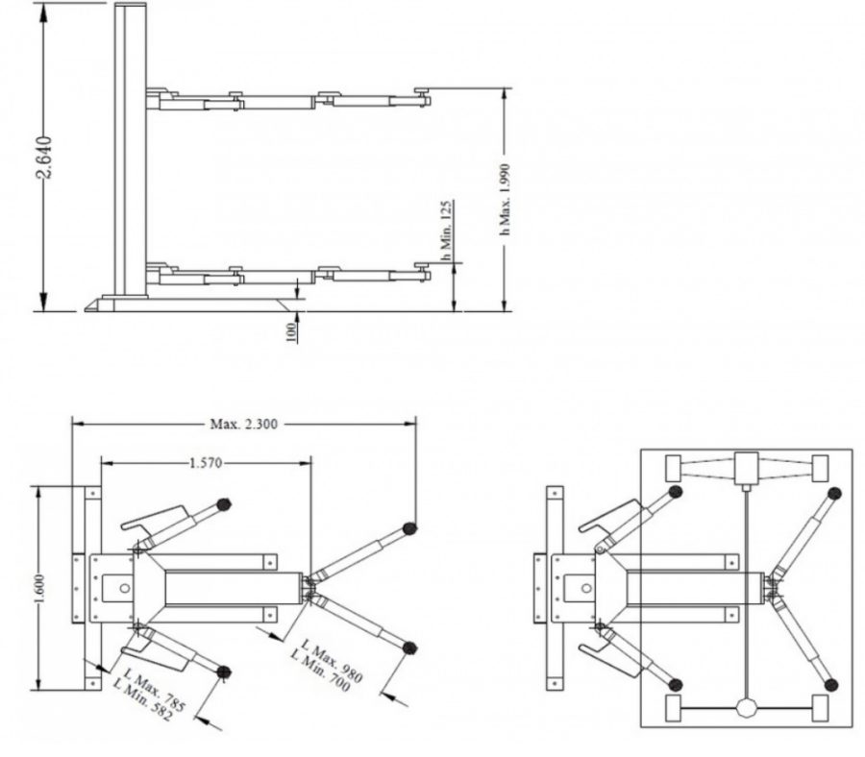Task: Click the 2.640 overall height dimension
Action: pyautogui.click(x=44, y=158)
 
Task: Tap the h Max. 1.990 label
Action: pyautogui.click(x=505, y=199)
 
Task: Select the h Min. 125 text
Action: pyautogui.click(x=447, y=230)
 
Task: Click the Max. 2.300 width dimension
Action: pyautogui.click(x=244, y=424)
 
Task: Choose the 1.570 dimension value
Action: pyautogui.click(x=206, y=463)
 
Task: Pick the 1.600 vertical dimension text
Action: pyautogui.click(x=39, y=588)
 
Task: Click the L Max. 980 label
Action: pyautogui.click(x=333, y=661)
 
